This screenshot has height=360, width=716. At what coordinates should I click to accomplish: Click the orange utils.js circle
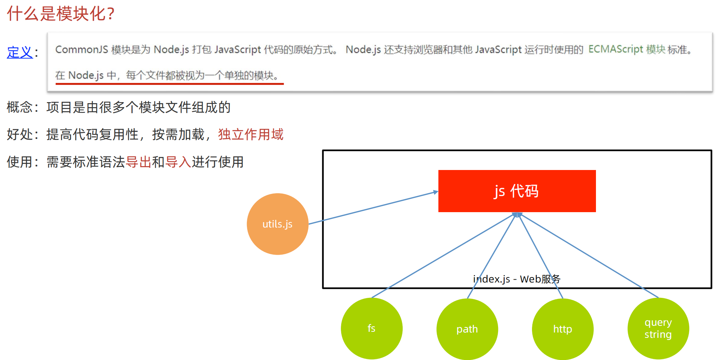tap(278, 224)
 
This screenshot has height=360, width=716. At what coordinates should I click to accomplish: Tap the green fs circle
tap(372, 328)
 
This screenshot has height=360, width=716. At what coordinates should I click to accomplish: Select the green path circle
tap(467, 329)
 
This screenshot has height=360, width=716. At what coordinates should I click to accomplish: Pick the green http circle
tap(562, 329)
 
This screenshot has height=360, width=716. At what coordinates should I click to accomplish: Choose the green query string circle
tap(658, 328)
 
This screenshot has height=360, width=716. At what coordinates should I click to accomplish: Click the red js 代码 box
tap(517, 191)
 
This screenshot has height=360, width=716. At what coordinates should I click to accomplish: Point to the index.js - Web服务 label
tap(517, 279)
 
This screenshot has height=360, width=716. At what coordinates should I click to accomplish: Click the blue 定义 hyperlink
tap(20, 52)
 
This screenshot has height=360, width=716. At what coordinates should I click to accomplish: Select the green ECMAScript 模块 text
tap(627, 49)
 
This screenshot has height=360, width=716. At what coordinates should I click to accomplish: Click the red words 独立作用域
tap(250, 135)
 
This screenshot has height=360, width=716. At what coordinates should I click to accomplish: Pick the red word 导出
tap(139, 162)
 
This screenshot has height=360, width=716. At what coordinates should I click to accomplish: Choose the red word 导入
tap(178, 162)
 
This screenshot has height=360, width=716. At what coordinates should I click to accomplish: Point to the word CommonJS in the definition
tap(81, 49)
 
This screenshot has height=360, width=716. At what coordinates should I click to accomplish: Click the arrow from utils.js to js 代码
tap(373, 208)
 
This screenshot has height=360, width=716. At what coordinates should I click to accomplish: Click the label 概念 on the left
tap(20, 107)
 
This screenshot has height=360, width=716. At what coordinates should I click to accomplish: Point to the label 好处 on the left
tap(20, 135)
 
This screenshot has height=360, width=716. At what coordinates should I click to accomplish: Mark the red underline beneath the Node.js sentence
tap(169, 84)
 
